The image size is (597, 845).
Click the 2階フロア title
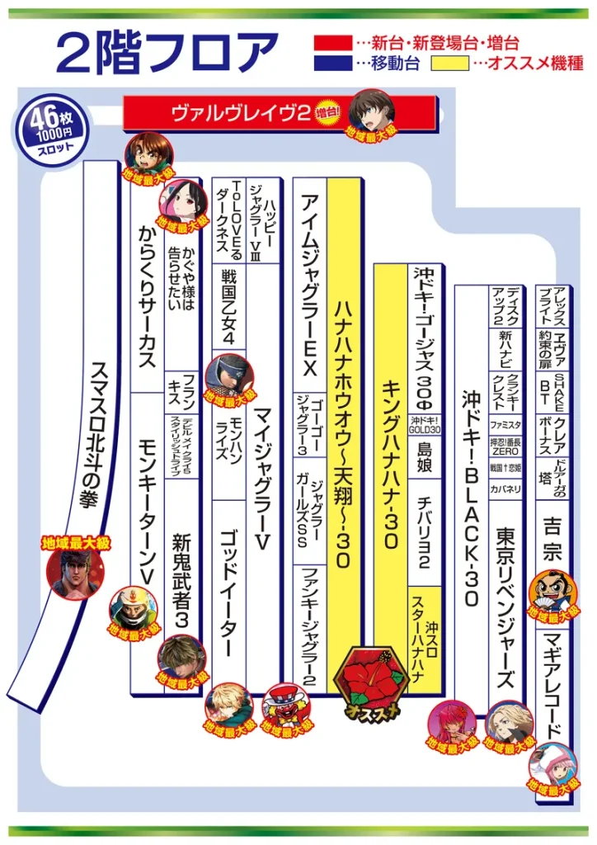(165, 52)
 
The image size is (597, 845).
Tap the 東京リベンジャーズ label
(505, 607)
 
